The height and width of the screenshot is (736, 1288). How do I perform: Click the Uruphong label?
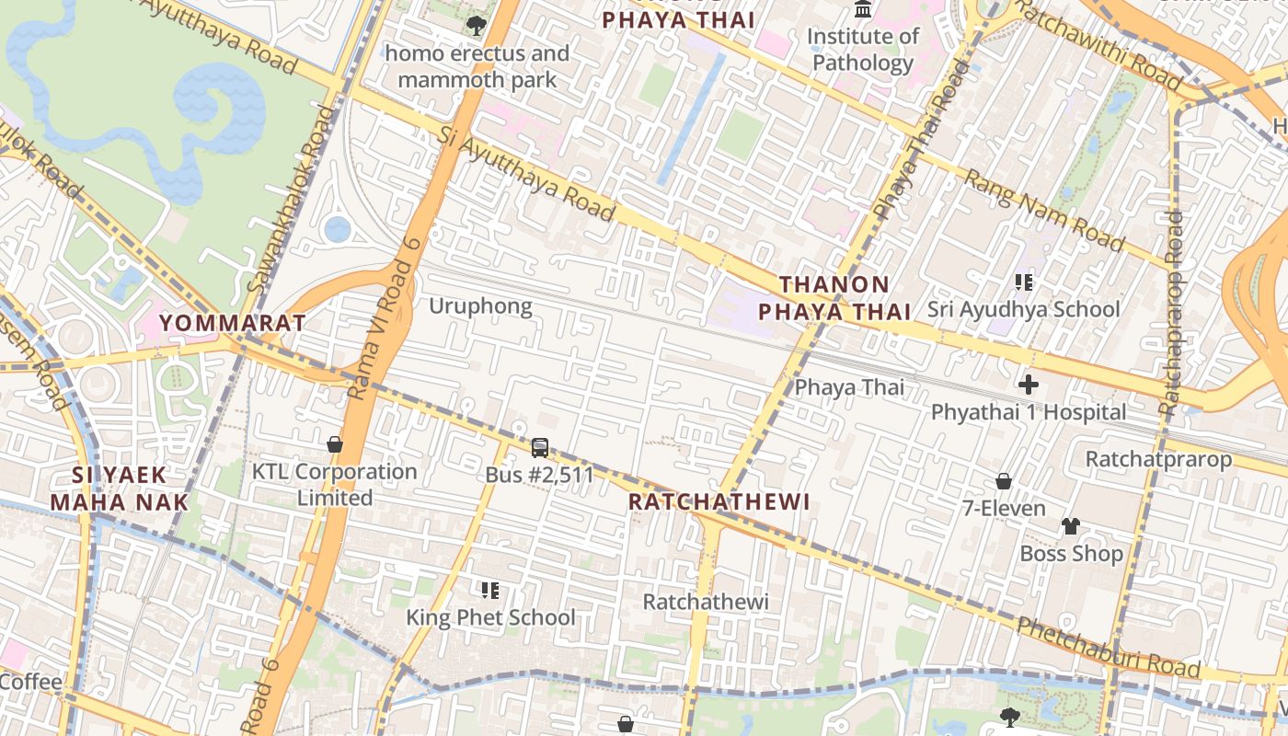point(480,305)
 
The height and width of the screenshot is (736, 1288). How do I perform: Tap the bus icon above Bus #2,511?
point(540,448)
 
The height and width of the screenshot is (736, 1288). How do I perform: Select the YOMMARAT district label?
point(232,323)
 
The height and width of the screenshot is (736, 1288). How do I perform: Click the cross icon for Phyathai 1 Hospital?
point(1029,385)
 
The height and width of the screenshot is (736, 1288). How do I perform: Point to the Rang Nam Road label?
point(1042,211)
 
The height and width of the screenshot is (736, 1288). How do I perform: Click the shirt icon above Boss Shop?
point(1071,526)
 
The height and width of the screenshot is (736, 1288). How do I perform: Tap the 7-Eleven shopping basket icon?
point(1004,481)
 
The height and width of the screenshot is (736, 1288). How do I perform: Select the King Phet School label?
point(490,617)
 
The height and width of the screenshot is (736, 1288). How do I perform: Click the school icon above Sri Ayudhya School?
point(1023,282)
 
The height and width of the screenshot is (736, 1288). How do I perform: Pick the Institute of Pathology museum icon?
point(863,10)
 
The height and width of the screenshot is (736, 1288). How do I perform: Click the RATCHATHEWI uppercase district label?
point(719,501)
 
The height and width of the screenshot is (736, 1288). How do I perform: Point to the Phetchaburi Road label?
point(1108,648)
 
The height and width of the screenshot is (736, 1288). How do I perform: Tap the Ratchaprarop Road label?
point(1171,313)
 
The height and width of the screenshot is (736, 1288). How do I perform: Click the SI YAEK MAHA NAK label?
point(120,489)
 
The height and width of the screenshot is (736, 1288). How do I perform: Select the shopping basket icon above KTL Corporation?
point(335,444)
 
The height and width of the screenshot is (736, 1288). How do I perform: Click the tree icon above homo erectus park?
point(476,26)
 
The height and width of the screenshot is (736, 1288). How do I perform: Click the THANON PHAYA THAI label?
point(834,297)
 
